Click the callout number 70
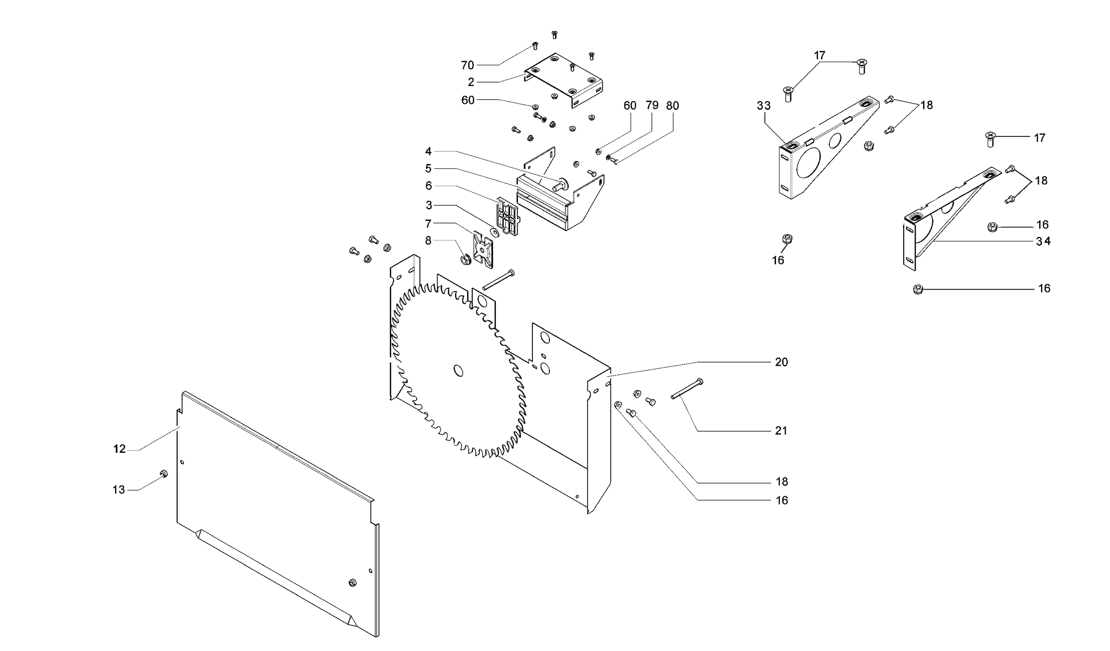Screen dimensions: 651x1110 [467, 65]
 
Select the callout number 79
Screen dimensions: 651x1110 [652, 105]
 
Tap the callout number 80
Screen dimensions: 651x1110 [672, 106]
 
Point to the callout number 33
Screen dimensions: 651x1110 [764, 106]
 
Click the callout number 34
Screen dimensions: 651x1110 [1043, 241]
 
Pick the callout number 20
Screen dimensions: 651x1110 [781, 362]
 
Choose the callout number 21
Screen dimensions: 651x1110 [781, 431]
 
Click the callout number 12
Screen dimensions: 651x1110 [119, 449]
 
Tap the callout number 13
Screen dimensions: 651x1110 [119, 490]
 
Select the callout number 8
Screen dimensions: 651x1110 [428, 241]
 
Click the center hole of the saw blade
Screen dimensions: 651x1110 [458, 371]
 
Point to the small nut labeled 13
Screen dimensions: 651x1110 [163, 474]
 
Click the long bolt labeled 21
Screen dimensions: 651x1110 [687, 389]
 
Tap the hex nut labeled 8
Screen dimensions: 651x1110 [465, 259]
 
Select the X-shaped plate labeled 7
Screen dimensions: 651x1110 [483, 250]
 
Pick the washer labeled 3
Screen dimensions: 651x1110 [494, 232]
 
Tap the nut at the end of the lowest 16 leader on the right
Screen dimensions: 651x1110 [919, 290]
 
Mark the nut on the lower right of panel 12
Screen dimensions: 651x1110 [352, 583]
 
